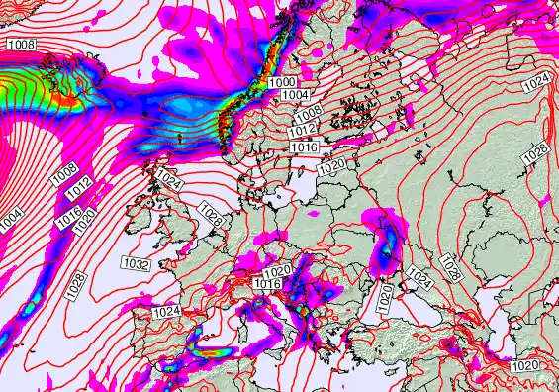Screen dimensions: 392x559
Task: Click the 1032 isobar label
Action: point(136,263)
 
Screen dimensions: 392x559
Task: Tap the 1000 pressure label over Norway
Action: point(282,82)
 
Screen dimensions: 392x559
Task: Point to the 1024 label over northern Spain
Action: point(166,312)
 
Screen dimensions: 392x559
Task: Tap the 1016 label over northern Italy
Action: point(267,284)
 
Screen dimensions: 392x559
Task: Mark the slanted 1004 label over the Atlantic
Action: point(8,219)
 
